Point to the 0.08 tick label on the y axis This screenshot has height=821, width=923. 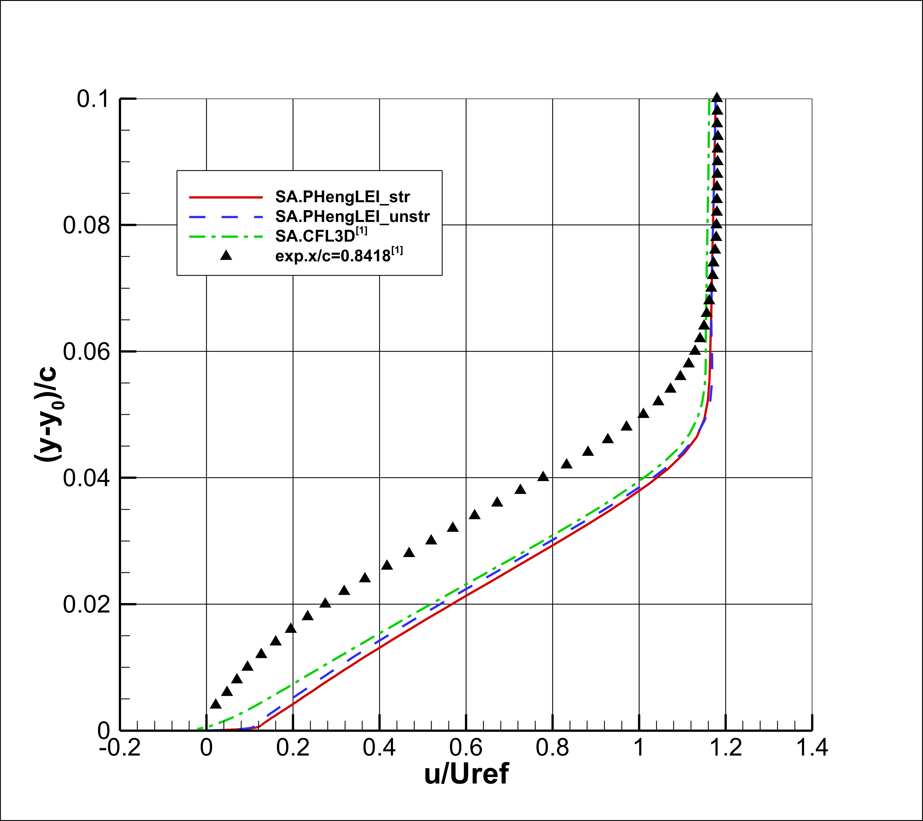tap(86, 225)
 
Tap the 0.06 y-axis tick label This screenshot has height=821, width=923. tap(86, 352)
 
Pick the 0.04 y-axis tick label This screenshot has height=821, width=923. tap(86, 478)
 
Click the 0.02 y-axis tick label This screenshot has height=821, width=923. tap(86, 605)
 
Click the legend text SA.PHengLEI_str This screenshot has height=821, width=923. tap(343, 197)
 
